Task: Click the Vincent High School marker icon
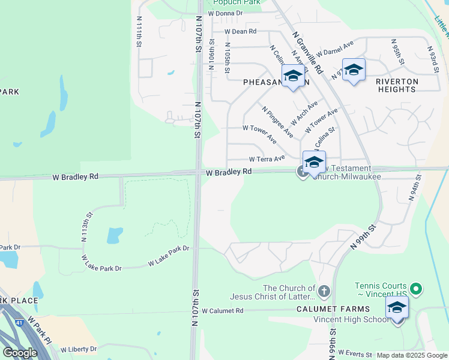[397, 308]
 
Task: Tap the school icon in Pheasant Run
[293, 76]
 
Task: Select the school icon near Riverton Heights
[354, 70]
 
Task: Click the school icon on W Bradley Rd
[314, 162]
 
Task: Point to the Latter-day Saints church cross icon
[324, 292]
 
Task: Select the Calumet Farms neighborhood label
[327, 310]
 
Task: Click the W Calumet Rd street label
[223, 311]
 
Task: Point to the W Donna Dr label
[225, 13]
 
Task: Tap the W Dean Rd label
[240, 31]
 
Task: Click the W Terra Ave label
[267, 159]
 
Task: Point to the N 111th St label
[139, 32]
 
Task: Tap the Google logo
[19, 353]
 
